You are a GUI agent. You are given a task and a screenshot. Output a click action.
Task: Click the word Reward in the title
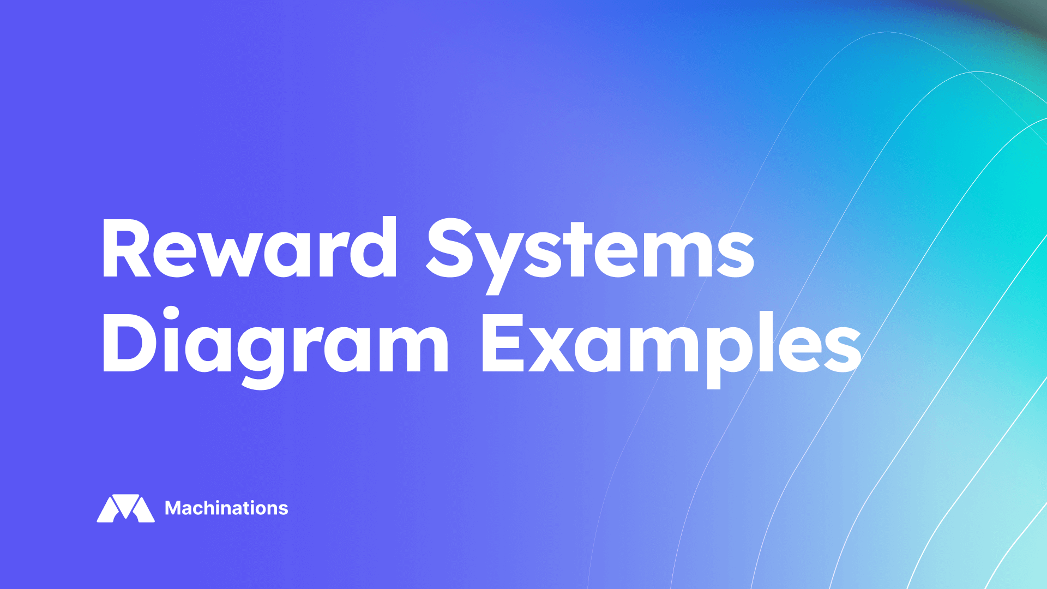250,248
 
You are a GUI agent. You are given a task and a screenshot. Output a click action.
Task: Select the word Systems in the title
590,250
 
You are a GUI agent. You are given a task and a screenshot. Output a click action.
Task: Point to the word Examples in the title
671,344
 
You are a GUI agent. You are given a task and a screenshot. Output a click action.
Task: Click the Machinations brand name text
226,508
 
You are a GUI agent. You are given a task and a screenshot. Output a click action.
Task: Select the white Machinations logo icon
126,508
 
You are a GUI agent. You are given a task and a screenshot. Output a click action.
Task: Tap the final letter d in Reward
374,248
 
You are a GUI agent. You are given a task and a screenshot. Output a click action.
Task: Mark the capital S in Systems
449,248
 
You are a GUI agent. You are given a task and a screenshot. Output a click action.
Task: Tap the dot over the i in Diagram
171,314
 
